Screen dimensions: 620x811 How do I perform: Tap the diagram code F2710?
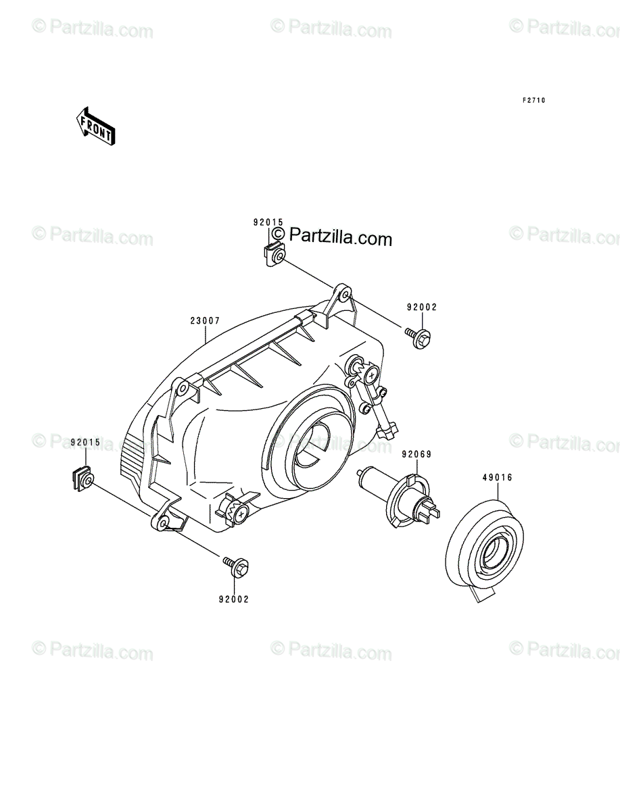coord(534,101)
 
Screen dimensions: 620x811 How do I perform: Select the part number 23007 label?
coord(205,321)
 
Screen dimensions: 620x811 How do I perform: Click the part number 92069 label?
coord(416,454)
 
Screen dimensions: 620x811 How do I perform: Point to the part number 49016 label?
coord(498,477)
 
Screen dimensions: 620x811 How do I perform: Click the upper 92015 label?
coord(268,222)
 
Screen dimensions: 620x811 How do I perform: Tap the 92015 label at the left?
coord(85,442)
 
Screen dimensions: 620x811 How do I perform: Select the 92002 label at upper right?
coord(422,307)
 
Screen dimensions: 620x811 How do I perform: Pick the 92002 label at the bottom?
coord(234,599)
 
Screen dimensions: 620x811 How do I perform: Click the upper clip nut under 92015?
coord(275,255)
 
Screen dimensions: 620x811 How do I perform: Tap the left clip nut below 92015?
coord(82,479)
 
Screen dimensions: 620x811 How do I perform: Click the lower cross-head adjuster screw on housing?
coord(241,514)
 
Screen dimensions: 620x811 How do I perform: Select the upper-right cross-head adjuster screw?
coord(371,375)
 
